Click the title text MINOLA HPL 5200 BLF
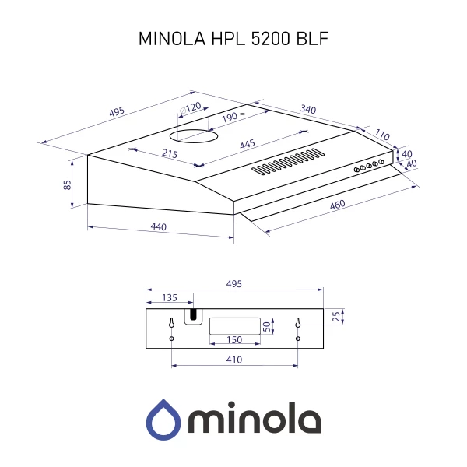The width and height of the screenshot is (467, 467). coord(233,38)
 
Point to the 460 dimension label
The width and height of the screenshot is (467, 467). coord(337,204)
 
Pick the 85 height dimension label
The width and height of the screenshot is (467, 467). coord(68,184)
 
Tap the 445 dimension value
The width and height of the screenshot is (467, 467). coord(247,144)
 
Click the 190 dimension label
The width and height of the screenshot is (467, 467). coord(229,118)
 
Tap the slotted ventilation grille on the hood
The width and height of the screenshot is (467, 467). coord(286,159)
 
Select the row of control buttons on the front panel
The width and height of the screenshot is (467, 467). coord(369,165)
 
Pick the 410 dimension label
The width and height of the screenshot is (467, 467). coord(233,360)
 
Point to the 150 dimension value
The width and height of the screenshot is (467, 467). coord(233,340)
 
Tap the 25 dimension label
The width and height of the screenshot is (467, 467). coord(335,316)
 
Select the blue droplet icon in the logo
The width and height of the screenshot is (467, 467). coord(163,420)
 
